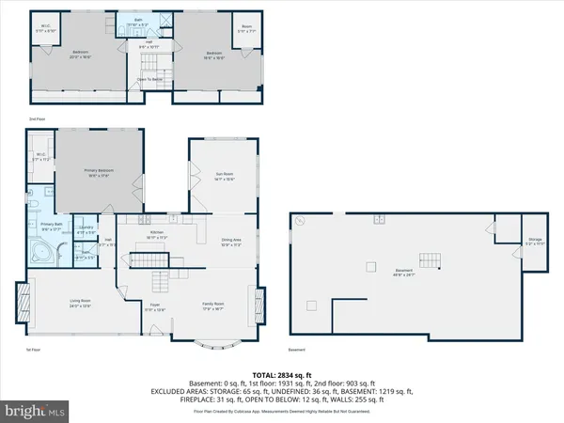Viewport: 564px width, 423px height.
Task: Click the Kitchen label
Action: [157, 237]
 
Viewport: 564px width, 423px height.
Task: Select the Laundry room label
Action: [86, 230]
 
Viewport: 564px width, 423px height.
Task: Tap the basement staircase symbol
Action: [431, 259]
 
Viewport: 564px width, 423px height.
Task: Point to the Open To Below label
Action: [151, 80]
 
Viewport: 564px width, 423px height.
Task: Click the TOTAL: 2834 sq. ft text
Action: [282, 372]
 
